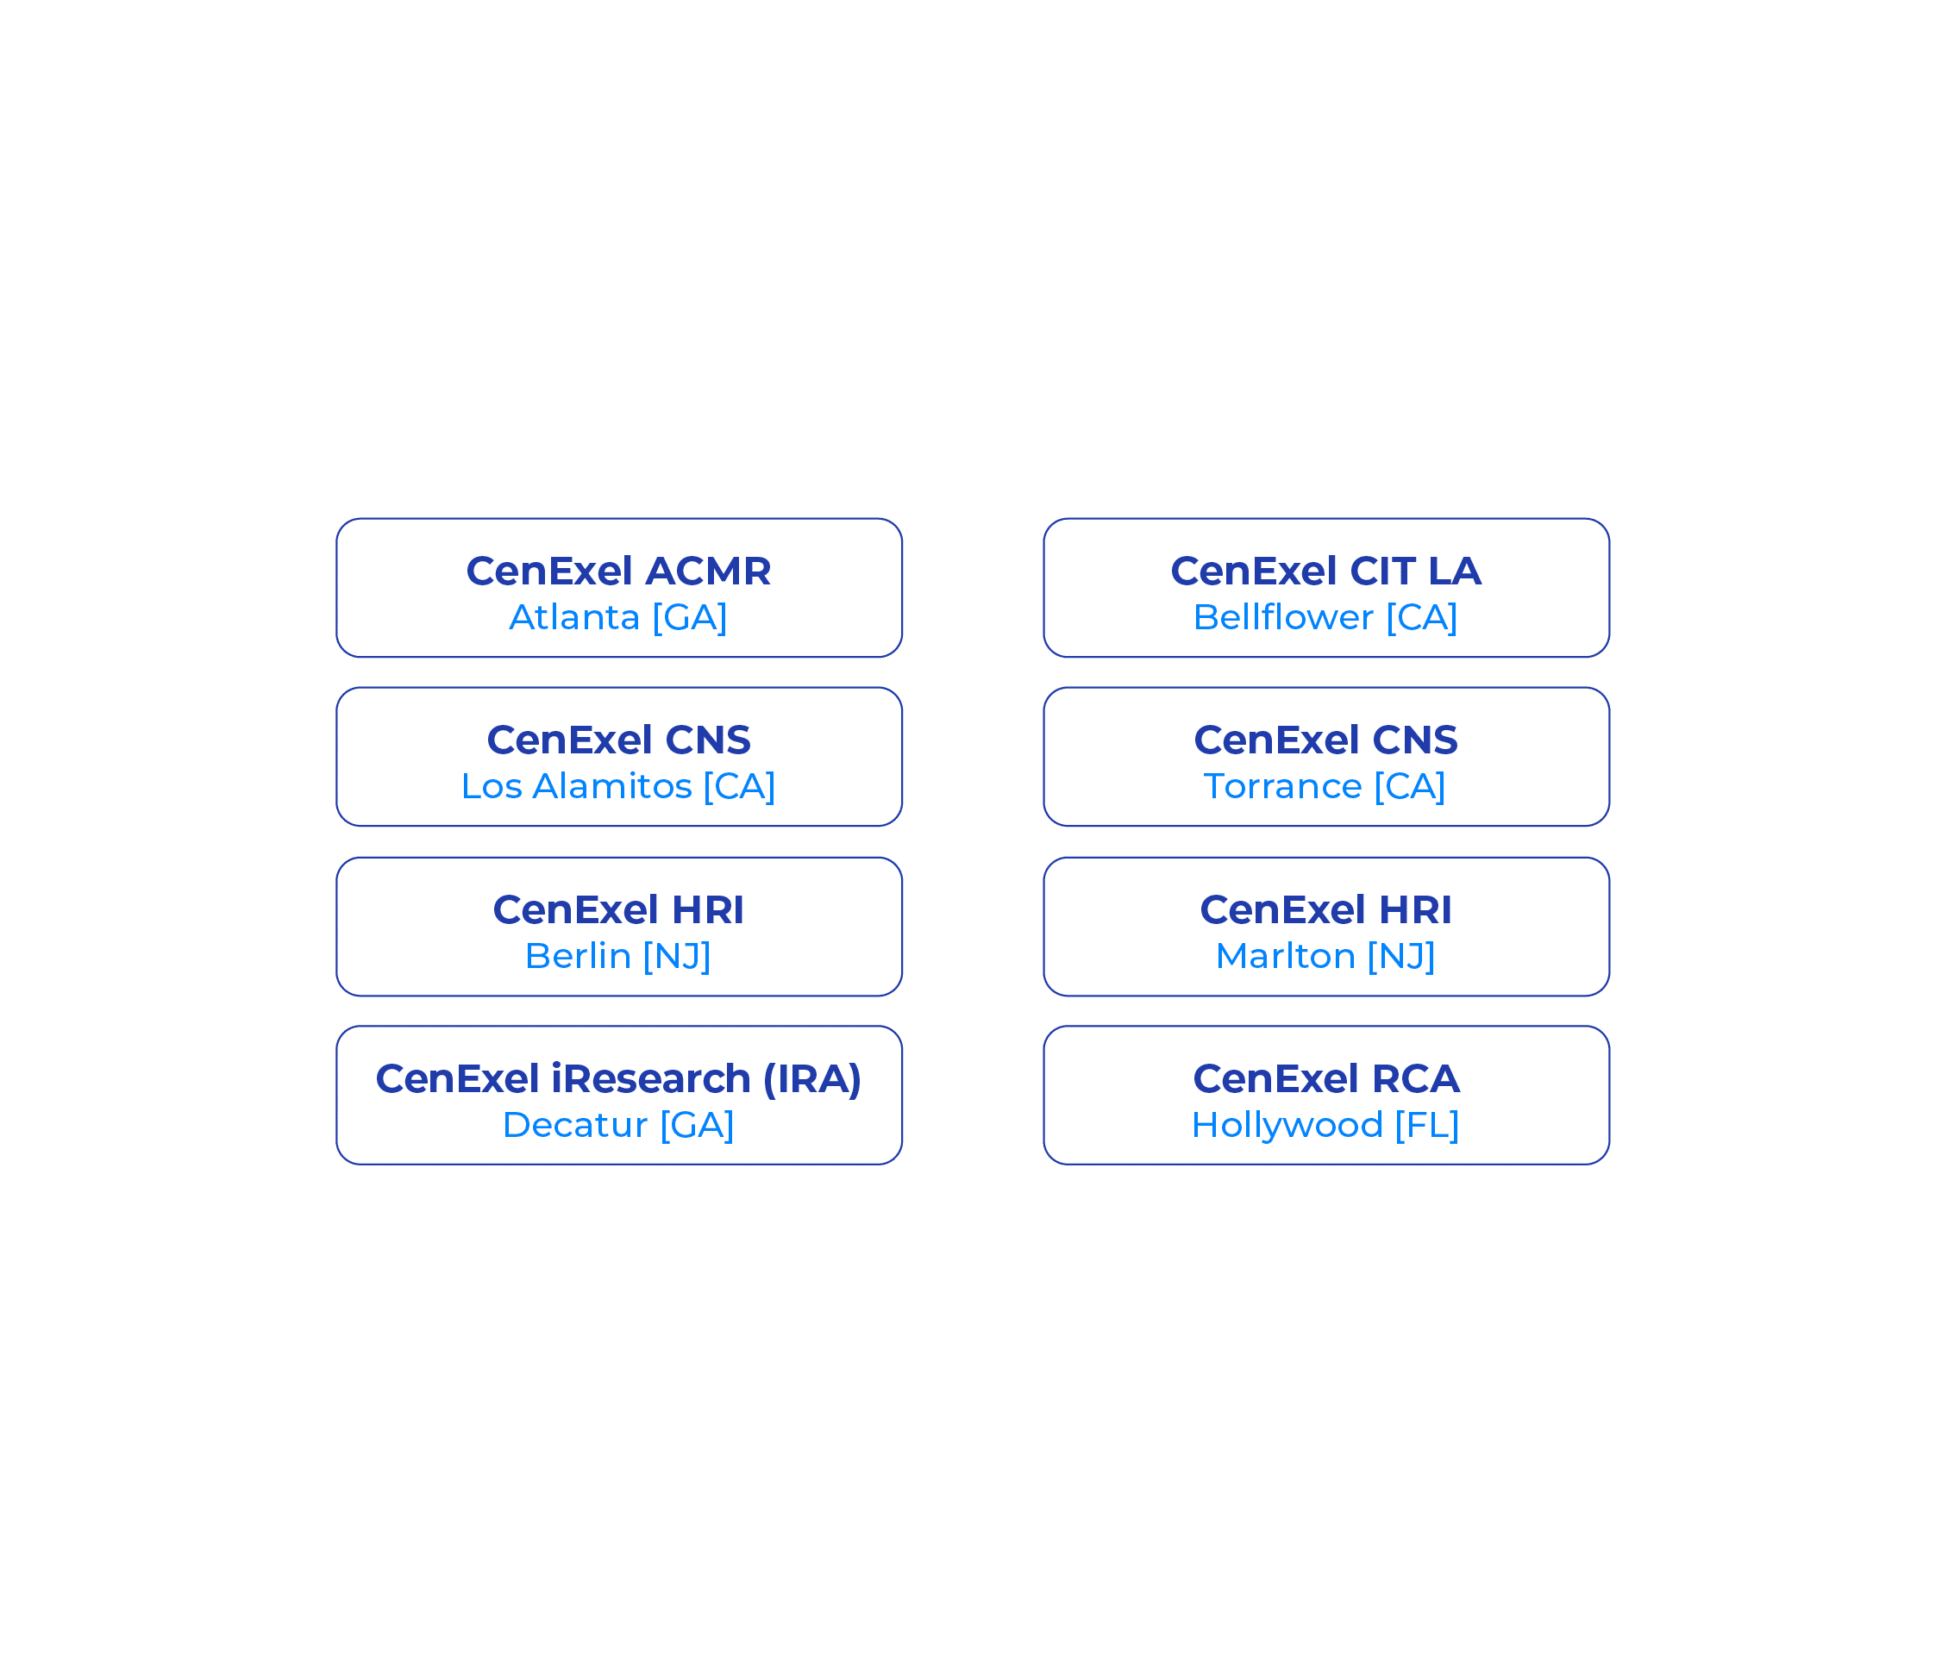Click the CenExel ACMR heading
[618, 571]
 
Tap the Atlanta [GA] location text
[618, 617]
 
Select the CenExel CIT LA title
[1326, 571]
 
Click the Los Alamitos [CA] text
[618, 785]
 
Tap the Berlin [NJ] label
[618, 955]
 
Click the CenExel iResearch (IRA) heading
[618, 1079]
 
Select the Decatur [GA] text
[618, 1125]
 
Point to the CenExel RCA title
[1326, 1078]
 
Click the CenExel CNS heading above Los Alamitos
[618, 740]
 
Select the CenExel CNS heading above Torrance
[1326, 740]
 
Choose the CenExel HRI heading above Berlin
[618, 909]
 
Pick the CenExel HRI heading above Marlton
[1326, 909]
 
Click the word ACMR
[708, 571]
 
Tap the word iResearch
[651, 1078]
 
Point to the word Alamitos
[612, 785]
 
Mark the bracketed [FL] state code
[1426, 1125]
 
